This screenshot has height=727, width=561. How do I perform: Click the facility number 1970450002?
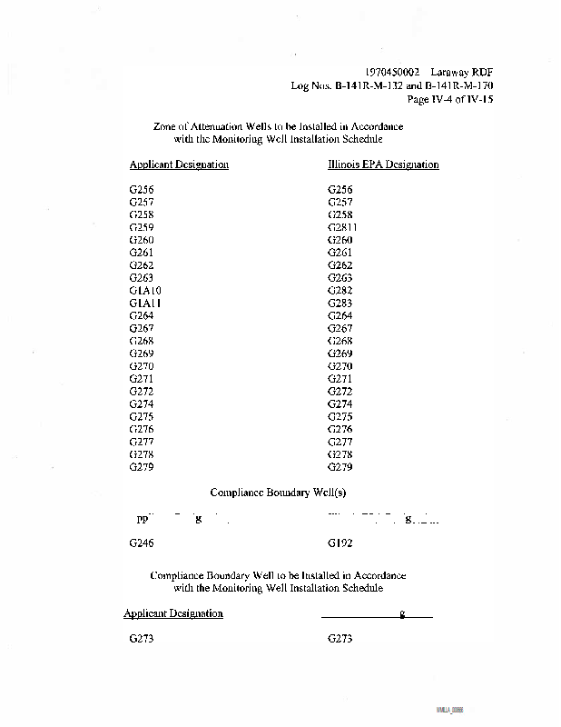point(393,72)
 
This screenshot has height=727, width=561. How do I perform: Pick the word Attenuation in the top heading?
point(221,126)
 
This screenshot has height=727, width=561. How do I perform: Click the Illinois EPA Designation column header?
point(383,164)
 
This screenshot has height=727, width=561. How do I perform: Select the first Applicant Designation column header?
point(179,164)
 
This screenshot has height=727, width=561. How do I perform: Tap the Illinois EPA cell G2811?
point(342,227)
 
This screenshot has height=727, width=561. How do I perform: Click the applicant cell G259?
point(142,227)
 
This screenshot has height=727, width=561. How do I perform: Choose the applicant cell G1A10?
point(145,290)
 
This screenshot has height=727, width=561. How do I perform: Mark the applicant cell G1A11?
point(145,303)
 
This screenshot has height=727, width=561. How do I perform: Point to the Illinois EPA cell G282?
point(340,290)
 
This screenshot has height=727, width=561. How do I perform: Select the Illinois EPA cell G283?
point(340,303)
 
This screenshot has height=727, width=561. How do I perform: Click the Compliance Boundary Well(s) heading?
point(279,493)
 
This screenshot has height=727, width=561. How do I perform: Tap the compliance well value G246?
point(142,543)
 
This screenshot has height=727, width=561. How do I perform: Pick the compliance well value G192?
point(340,543)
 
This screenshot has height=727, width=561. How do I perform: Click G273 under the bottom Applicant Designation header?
point(142,639)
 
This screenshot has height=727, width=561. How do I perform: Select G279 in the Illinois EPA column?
point(340,467)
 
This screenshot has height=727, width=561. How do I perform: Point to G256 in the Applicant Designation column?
point(142,189)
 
